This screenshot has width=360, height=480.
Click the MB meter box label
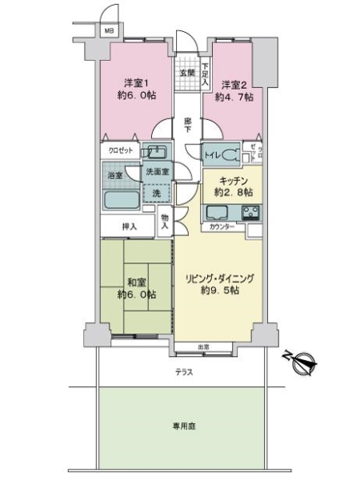click(108, 31)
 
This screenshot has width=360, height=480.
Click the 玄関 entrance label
click(187, 73)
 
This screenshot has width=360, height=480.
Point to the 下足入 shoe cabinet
click(206, 73)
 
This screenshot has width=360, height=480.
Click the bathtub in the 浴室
click(122, 200)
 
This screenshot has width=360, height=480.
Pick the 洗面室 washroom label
click(157, 172)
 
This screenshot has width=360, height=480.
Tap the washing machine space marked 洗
click(156, 193)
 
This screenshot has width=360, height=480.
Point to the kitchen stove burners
click(250, 212)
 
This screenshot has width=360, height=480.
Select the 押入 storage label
click(130, 226)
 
